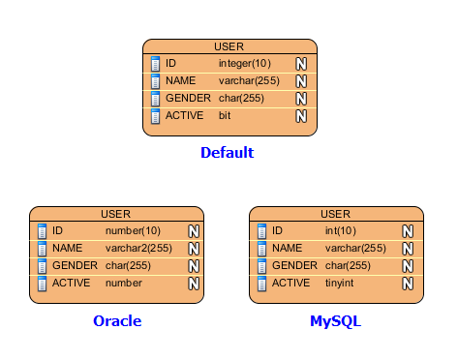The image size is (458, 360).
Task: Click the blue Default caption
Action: [x=228, y=153]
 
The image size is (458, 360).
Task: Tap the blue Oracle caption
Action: [x=117, y=321]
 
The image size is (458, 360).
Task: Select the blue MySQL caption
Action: [x=335, y=321]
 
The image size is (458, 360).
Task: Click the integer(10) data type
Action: [x=245, y=64]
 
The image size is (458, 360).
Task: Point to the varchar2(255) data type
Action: [x=138, y=248]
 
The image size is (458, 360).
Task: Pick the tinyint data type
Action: [x=339, y=283]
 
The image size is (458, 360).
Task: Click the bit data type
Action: [x=225, y=115]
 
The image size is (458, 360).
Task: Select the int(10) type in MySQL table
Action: [x=341, y=230]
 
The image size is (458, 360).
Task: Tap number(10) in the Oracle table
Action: [x=133, y=230]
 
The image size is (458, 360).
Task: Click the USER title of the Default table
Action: [x=229, y=46]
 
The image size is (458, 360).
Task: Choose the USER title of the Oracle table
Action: [x=116, y=214]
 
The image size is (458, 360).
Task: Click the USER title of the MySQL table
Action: [x=336, y=214]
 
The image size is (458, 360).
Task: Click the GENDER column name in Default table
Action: [x=188, y=98]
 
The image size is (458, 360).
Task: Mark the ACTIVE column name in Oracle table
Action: [x=72, y=283]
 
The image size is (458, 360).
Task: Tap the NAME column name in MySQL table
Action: [x=288, y=248]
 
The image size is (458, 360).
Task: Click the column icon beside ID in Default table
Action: [x=155, y=64]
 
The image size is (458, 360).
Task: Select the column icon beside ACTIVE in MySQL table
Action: [x=261, y=284]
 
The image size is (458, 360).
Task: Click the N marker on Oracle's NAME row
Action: [x=194, y=249]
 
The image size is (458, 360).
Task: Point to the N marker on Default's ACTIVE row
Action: [x=301, y=116]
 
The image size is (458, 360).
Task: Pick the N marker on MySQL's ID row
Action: [x=408, y=231]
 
